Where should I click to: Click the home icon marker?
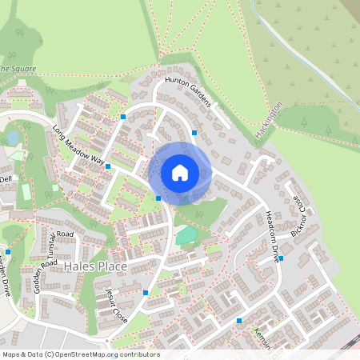point(180,173)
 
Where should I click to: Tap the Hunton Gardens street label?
point(186,90)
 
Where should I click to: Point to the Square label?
point(18,69)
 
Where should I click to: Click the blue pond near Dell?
point(13,138)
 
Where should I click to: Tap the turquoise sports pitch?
point(186,235)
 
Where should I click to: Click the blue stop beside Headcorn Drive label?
point(281,258)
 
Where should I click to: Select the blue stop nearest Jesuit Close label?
point(145,293)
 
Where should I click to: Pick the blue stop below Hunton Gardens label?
point(194,133)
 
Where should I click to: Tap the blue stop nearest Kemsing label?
point(238,321)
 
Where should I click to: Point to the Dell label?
point(6,179)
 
